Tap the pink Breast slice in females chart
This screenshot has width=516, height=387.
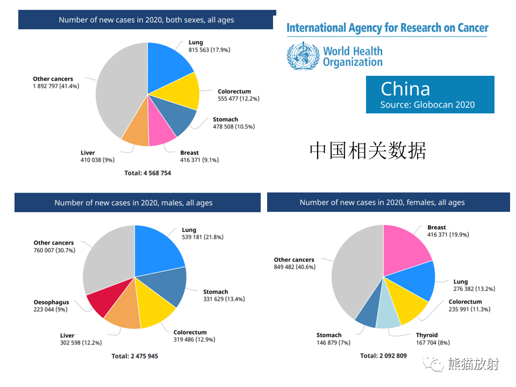pyautogui.click(x=405, y=250)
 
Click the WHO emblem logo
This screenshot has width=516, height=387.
pyautogui.click(x=303, y=56)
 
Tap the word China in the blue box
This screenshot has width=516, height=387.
pyautogui.click(x=405, y=89)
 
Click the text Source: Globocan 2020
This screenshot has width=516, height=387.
pyautogui.click(x=427, y=105)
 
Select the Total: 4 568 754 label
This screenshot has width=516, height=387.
pyautogui.click(x=147, y=173)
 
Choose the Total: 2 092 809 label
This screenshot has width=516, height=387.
pyautogui.click(x=383, y=356)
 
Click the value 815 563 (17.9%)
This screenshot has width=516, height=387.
pyautogui.click(x=209, y=49)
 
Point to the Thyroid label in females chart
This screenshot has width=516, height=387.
pyautogui.click(x=427, y=335)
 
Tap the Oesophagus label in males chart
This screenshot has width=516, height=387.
pyautogui.click(x=52, y=302)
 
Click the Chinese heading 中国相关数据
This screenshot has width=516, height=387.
pyautogui.click(x=368, y=150)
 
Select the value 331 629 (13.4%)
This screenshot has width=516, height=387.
pyautogui.click(x=224, y=299)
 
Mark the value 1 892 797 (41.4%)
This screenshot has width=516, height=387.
pyautogui.click(x=56, y=86)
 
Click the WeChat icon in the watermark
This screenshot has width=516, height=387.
pyautogui.click(x=434, y=364)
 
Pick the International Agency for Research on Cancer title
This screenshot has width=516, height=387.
pyautogui.click(x=388, y=28)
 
